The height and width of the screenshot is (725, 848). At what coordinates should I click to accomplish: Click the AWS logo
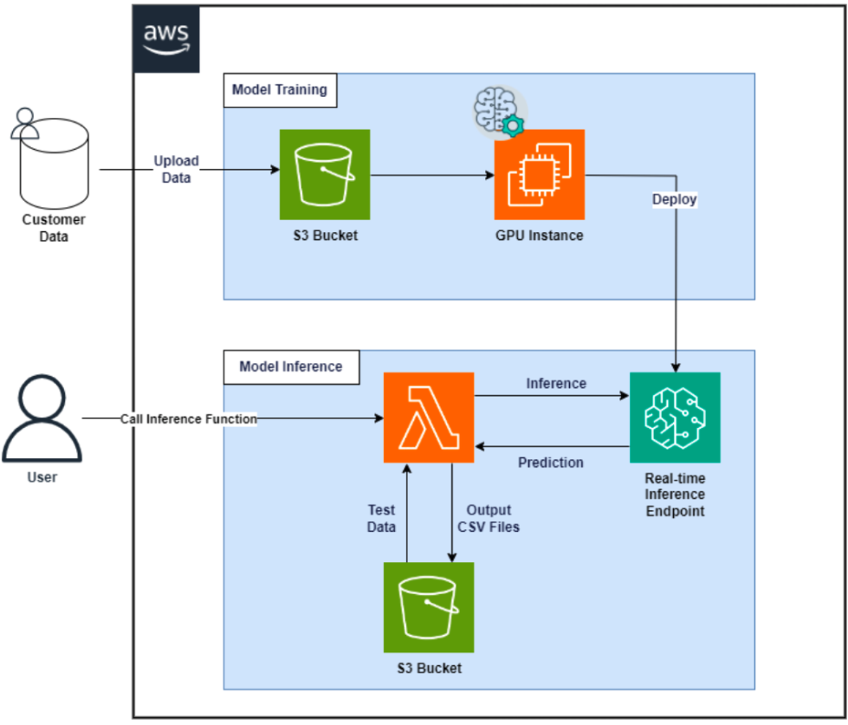click(166, 39)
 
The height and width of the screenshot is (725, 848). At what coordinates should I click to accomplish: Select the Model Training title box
click(280, 89)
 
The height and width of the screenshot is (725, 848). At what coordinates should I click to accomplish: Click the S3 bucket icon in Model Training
click(325, 174)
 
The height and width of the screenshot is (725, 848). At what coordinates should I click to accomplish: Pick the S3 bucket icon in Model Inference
click(429, 607)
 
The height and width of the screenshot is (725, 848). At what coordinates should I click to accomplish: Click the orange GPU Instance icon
click(539, 174)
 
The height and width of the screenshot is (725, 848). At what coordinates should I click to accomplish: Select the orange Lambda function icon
click(429, 417)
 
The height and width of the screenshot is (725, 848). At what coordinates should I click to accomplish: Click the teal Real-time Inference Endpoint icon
click(675, 417)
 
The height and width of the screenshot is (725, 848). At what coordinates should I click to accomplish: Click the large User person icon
click(41, 419)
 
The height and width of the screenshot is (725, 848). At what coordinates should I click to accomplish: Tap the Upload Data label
click(176, 169)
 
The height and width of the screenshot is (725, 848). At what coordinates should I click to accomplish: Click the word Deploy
click(675, 199)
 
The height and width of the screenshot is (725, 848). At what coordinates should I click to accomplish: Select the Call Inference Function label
click(189, 418)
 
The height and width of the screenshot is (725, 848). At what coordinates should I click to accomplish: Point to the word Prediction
click(550, 463)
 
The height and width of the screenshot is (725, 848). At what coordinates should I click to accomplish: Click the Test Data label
click(381, 518)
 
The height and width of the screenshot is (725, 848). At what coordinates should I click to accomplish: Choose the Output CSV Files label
click(489, 518)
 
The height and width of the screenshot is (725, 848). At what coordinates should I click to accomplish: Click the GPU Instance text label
click(539, 235)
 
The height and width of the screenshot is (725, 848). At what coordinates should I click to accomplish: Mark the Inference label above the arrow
click(555, 383)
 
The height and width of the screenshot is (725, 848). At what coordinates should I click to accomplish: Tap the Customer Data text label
click(54, 228)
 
